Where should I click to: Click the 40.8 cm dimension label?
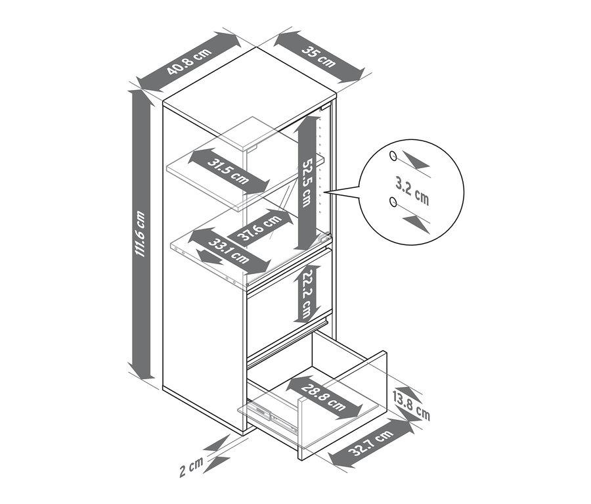pos(189,62)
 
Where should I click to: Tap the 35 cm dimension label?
pos(319,57)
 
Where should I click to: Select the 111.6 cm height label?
pos(141,234)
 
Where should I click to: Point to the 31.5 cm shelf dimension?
pos(228,172)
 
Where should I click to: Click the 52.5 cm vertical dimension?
pos(307,183)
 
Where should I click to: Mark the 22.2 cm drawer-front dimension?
pos(307,294)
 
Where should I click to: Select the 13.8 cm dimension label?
pos(411,407)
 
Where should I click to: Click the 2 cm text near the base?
pos(191,467)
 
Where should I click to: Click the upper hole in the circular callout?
pos(393,156)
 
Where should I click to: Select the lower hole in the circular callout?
pos(393,202)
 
